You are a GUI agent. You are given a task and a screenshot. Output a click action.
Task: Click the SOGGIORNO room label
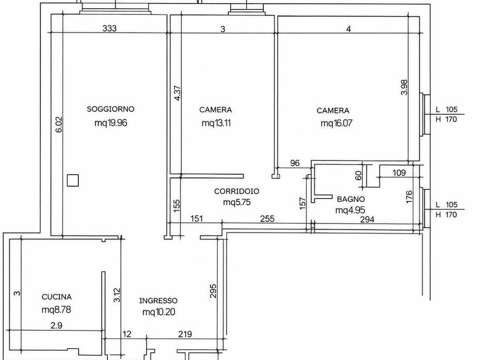point(110,109)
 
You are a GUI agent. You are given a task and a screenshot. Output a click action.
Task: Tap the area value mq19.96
point(110,123)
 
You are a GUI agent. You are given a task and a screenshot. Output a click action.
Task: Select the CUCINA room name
point(57,297)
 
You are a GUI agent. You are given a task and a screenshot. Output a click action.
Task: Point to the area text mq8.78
point(56,310)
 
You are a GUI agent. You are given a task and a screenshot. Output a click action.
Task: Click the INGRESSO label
point(158,301)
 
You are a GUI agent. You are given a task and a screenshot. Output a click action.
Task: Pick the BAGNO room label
point(351,199)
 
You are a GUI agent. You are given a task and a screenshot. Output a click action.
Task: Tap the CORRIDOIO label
point(236,191)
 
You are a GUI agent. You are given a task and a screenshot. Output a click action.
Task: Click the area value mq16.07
point(336,123)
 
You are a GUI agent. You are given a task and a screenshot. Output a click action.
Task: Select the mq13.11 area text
point(216,123)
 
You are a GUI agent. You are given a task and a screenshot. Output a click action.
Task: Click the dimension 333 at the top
point(109,28)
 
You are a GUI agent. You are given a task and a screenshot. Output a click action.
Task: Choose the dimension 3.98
point(404,87)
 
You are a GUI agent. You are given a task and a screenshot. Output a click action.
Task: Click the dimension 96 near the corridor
point(295,163)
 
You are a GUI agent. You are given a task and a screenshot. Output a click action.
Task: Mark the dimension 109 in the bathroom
point(399,173)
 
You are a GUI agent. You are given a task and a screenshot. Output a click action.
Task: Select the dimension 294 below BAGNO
point(367,219)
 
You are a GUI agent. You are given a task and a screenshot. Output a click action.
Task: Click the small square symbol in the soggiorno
point(73,180)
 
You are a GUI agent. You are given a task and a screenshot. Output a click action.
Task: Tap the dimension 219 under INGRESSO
point(185,334)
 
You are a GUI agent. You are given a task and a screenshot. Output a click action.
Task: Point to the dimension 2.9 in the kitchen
point(56,325)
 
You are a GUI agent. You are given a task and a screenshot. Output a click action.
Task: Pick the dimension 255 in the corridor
point(267,219)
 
